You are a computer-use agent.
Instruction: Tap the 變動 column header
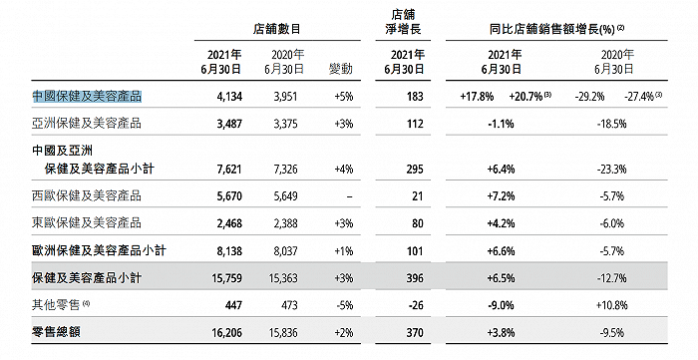tap(341, 66)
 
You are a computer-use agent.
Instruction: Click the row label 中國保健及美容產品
tap(87, 97)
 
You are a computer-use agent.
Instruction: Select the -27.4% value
tap(644, 97)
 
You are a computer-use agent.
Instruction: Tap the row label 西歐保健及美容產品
tap(87, 195)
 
